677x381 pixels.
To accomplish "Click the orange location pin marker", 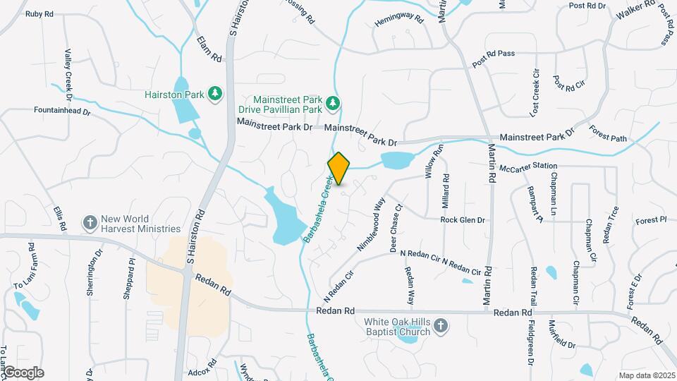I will (338, 168).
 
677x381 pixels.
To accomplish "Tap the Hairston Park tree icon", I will (215, 94).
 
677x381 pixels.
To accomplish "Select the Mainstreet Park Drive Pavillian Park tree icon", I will (333, 105).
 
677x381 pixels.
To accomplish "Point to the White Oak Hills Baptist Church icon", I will (441, 326).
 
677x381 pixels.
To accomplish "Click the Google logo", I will (23, 373).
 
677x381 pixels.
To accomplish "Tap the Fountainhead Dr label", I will (63, 111).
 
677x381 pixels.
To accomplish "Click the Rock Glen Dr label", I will (463, 220).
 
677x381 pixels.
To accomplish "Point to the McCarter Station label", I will (523, 166).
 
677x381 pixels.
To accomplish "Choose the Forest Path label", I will (608, 133).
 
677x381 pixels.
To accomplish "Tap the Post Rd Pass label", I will (494, 56).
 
